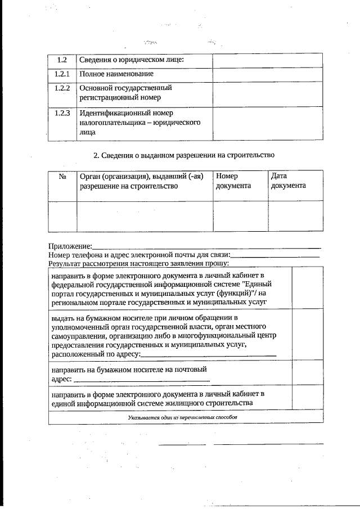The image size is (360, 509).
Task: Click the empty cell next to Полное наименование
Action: point(267,74)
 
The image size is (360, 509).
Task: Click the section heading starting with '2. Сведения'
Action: point(184,154)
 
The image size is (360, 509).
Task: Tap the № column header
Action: point(62,176)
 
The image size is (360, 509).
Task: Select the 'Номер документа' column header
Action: point(233,181)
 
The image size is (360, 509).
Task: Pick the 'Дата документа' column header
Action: point(288,181)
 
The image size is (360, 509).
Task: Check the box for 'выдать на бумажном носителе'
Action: point(307,335)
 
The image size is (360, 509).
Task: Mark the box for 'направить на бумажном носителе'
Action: point(307,374)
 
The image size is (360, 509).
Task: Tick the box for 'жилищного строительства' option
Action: point(307,398)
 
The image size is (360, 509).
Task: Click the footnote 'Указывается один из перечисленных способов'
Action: point(183,417)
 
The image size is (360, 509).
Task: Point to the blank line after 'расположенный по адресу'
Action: point(209,354)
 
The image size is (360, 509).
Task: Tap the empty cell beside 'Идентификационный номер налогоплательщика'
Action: point(267,123)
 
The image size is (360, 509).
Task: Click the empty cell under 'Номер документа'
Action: point(241,215)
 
